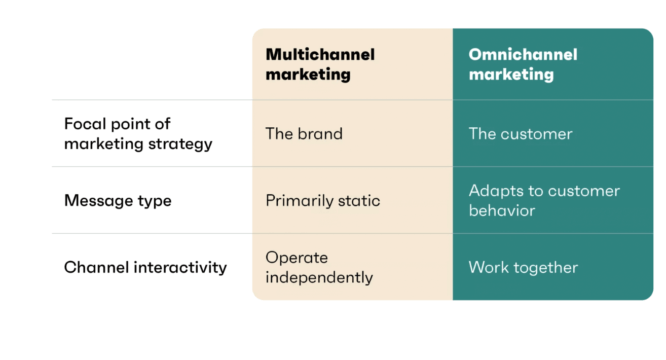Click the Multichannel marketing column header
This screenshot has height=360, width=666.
(315, 64)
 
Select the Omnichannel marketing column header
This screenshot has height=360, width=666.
(523, 64)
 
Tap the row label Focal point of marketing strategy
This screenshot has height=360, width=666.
(138, 133)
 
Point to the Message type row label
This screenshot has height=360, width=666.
(118, 200)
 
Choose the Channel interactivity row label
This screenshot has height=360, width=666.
(144, 267)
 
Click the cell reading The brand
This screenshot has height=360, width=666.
(304, 133)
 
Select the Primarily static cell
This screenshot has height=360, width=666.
(323, 200)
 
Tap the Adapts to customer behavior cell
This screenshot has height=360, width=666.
(544, 200)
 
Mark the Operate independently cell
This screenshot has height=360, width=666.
(318, 267)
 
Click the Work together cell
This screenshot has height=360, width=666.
(523, 267)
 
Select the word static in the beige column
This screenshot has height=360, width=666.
(358, 200)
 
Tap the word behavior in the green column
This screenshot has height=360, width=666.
(501, 210)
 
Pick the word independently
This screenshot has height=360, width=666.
(318, 277)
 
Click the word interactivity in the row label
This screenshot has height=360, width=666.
(183, 267)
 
